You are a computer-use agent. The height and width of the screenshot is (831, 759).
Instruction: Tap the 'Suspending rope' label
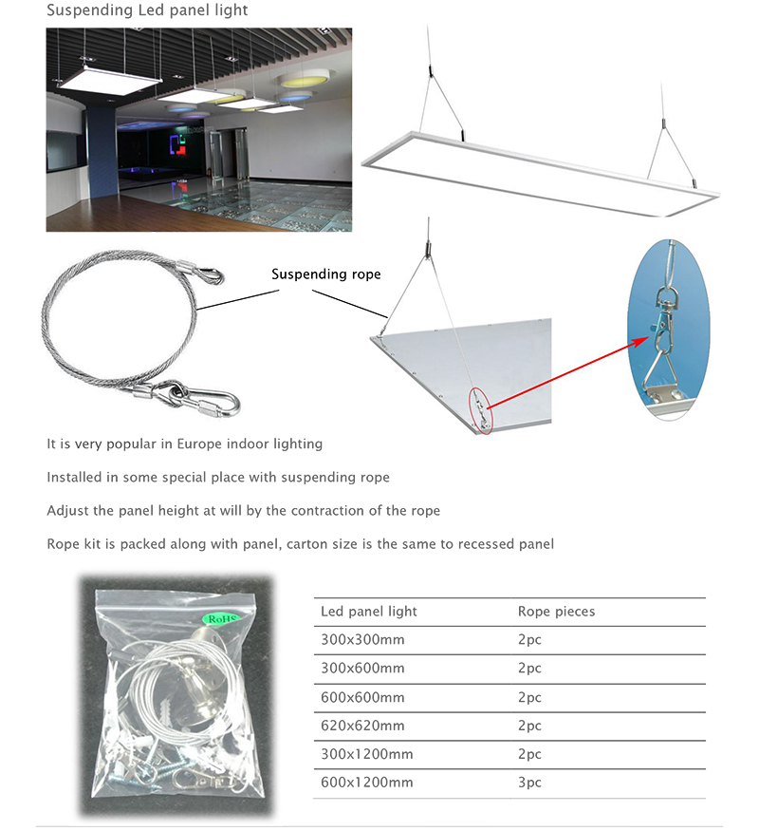pyautogui.click(x=325, y=274)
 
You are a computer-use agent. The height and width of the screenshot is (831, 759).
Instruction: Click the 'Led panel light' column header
pyautogui.click(x=369, y=612)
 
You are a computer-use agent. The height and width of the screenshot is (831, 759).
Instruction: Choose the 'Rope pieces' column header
pyautogui.click(x=556, y=612)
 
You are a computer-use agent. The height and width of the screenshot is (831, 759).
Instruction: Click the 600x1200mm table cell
pyautogui.click(x=367, y=783)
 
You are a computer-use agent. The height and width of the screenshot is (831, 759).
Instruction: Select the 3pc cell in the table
pyautogui.click(x=529, y=783)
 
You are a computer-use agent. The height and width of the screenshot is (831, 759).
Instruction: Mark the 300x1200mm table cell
pyautogui.click(x=367, y=754)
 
